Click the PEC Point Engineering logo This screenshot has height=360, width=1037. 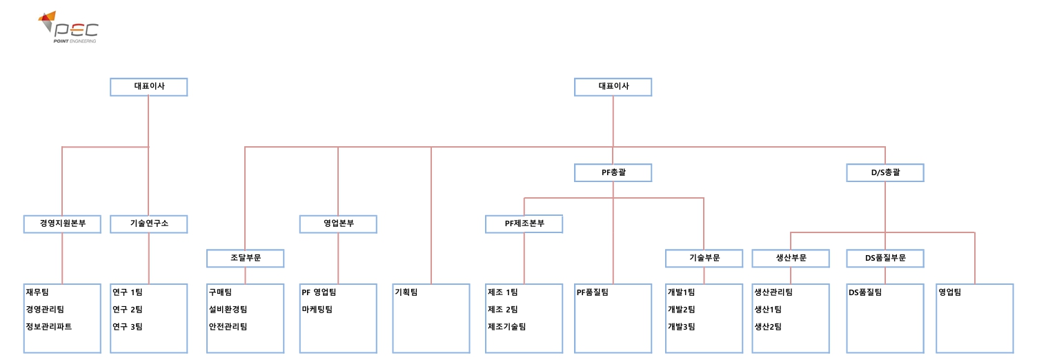click(x=68, y=28)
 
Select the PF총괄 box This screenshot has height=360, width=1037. click(x=613, y=172)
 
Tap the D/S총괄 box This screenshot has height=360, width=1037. click(x=885, y=172)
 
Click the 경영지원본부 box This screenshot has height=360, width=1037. click(x=62, y=223)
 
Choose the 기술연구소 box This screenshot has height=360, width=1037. click(x=148, y=223)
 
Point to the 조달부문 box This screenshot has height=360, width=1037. click(x=245, y=258)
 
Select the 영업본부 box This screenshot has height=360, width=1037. click(x=338, y=223)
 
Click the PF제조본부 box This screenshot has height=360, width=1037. click(x=524, y=223)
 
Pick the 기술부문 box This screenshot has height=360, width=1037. click(x=704, y=258)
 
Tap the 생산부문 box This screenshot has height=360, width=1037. click(x=791, y=258)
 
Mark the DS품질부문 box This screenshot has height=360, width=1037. click(x=885, y=258)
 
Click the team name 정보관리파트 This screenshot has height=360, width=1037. click(x=49, y=327)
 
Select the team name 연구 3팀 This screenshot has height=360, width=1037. click(x=128, y=327)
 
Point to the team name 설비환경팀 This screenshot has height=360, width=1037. click(x=228, y=310)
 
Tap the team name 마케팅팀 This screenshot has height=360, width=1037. click(x=317, y=310)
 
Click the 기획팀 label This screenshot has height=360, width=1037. click(x=406, y=292)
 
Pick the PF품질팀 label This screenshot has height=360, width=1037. click(x=592, y=292)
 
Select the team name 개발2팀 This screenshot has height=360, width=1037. click(x=681, y=310)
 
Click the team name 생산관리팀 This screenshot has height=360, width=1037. click(x=773, y=292)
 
